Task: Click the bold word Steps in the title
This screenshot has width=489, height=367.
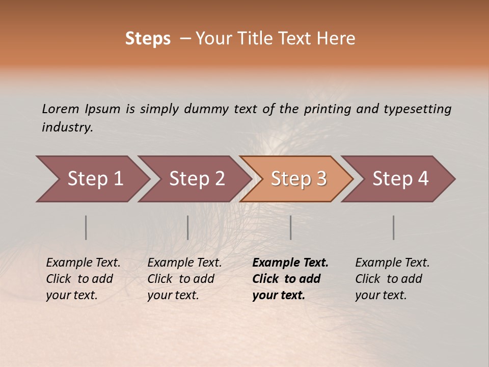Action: (x=148, y=39)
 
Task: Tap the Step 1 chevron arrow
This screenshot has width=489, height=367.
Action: (x=94, y=179)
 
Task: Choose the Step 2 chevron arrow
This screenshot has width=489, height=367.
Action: (x=196, y=179)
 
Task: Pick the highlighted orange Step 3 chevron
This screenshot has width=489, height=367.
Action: (x=298, y=179)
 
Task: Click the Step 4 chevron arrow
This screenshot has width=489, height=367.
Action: (x=400, y=179)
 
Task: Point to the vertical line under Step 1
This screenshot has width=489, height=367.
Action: (x=86, y=227)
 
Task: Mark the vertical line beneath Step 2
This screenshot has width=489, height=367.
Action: (x=188, y=227)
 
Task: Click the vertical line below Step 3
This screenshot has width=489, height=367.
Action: (x=291, y=227)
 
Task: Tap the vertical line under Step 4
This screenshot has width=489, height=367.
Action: (x=394, y=227)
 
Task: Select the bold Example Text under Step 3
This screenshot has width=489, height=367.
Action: (x=290, y=279)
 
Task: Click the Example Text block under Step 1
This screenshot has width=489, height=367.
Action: (x=83, y=279)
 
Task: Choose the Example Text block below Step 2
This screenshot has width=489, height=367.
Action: (x=184, y=279)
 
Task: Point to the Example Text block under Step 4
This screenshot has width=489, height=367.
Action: (x=392, y=279)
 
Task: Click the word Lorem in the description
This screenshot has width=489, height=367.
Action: (x=60, y=109)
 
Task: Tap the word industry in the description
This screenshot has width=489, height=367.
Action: (x=67, y=127)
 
